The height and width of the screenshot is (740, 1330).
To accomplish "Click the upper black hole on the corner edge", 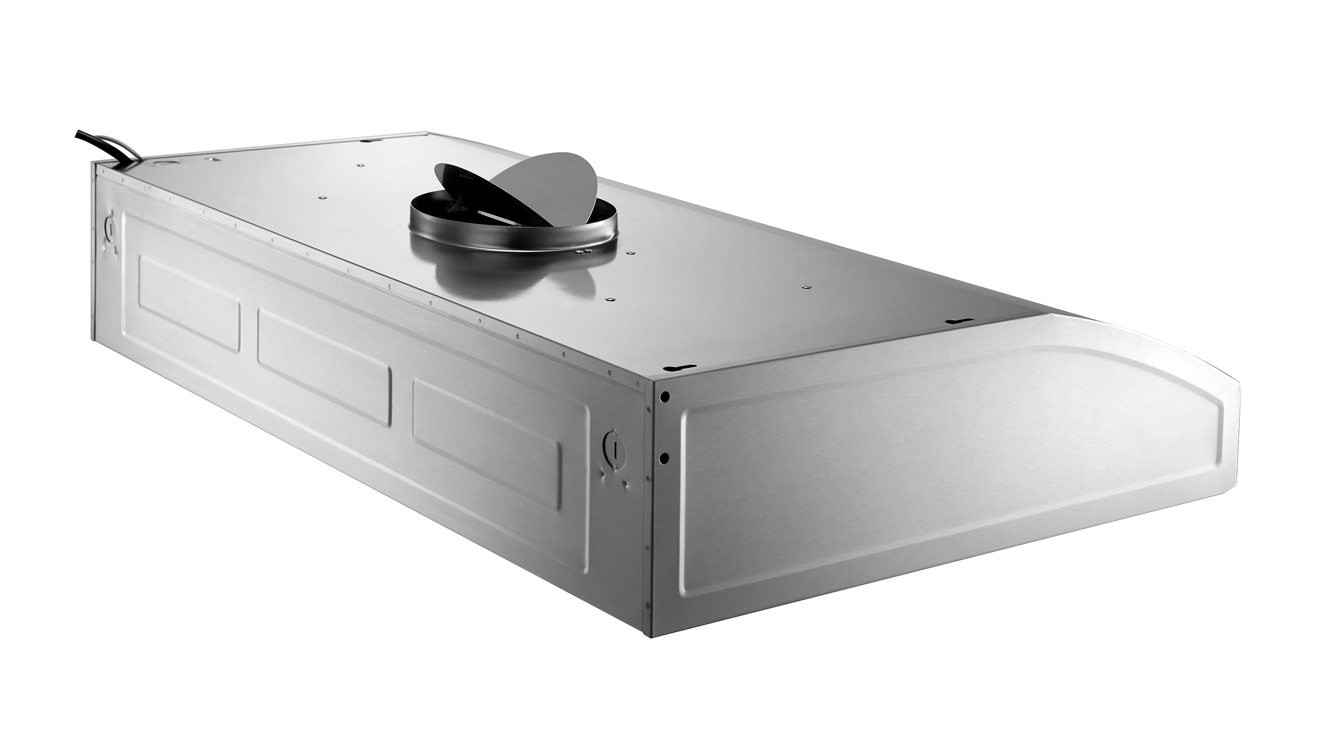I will point(665,396).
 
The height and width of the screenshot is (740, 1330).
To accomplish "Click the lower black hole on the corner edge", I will point(665,457).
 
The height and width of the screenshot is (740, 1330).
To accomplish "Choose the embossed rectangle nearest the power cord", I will point(189,304).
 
